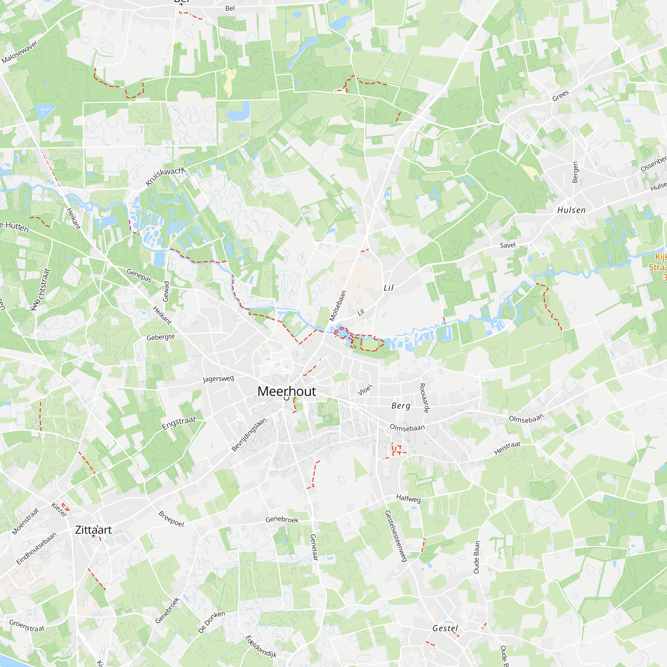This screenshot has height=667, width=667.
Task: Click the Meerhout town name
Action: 286,391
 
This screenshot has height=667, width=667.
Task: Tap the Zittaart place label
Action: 93,530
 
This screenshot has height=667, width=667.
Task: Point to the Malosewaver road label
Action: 19,52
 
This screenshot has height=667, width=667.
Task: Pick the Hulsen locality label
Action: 571,210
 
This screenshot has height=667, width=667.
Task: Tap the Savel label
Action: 508,245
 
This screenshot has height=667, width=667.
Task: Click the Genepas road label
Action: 139,275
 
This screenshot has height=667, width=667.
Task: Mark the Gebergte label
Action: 160,337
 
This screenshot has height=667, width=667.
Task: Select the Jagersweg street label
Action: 218,379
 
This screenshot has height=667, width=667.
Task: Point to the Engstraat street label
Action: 179,423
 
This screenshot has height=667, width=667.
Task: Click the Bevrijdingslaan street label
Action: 249,434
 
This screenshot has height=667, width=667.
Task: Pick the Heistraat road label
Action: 507,448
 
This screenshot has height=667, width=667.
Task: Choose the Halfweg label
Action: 409,498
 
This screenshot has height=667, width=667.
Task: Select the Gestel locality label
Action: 445,628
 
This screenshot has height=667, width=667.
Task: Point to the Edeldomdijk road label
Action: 261,646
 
